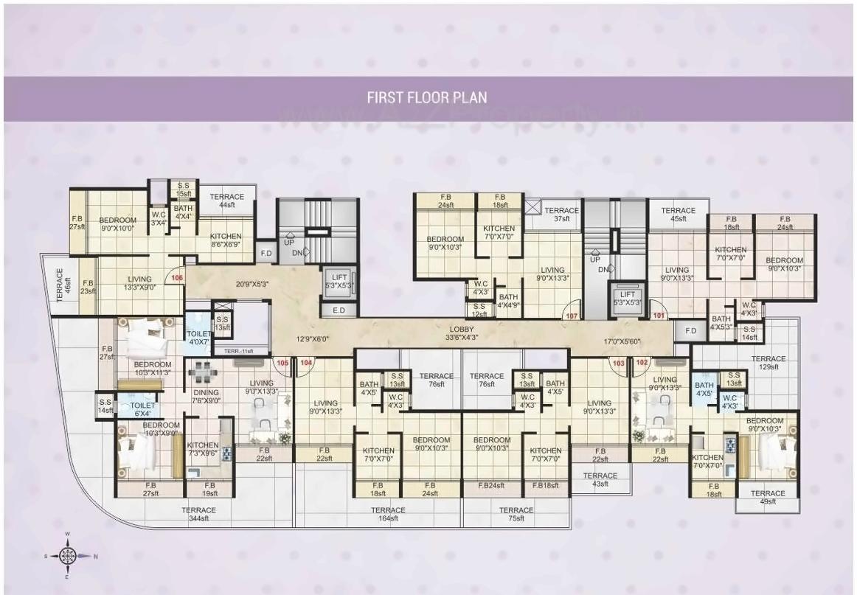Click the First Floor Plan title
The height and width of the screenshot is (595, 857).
pyautogui.click(x=428, y=97)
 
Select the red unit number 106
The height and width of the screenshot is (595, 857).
pyautogui.click(x=176, y=278)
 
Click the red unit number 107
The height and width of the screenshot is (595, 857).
pyautogui.click(x=571, y=316)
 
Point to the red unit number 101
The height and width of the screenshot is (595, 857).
pyautogui.click(x=659, y=316)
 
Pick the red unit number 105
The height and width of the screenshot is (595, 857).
pyautogui.click(x=282, y=362)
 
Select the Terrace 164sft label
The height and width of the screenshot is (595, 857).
pyautogui.click(x=388, y=515)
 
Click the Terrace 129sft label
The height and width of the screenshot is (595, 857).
pyautogui.click(x=768, y=363)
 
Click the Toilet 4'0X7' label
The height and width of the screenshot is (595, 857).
pyautogui.click(x=198, y=338)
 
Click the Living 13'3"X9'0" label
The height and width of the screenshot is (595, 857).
pyautogui.click(x=139, y=283)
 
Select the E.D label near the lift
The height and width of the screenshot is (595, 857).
pyautogui.click(x=339, y=310)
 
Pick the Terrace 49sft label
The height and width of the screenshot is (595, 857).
pyautogui.click(x=768, y=497)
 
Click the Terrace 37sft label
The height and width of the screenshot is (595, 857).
pyautogui.click(x=562, y=215)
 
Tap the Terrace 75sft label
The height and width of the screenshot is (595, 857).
pyautogui.click(x=516, y=515)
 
